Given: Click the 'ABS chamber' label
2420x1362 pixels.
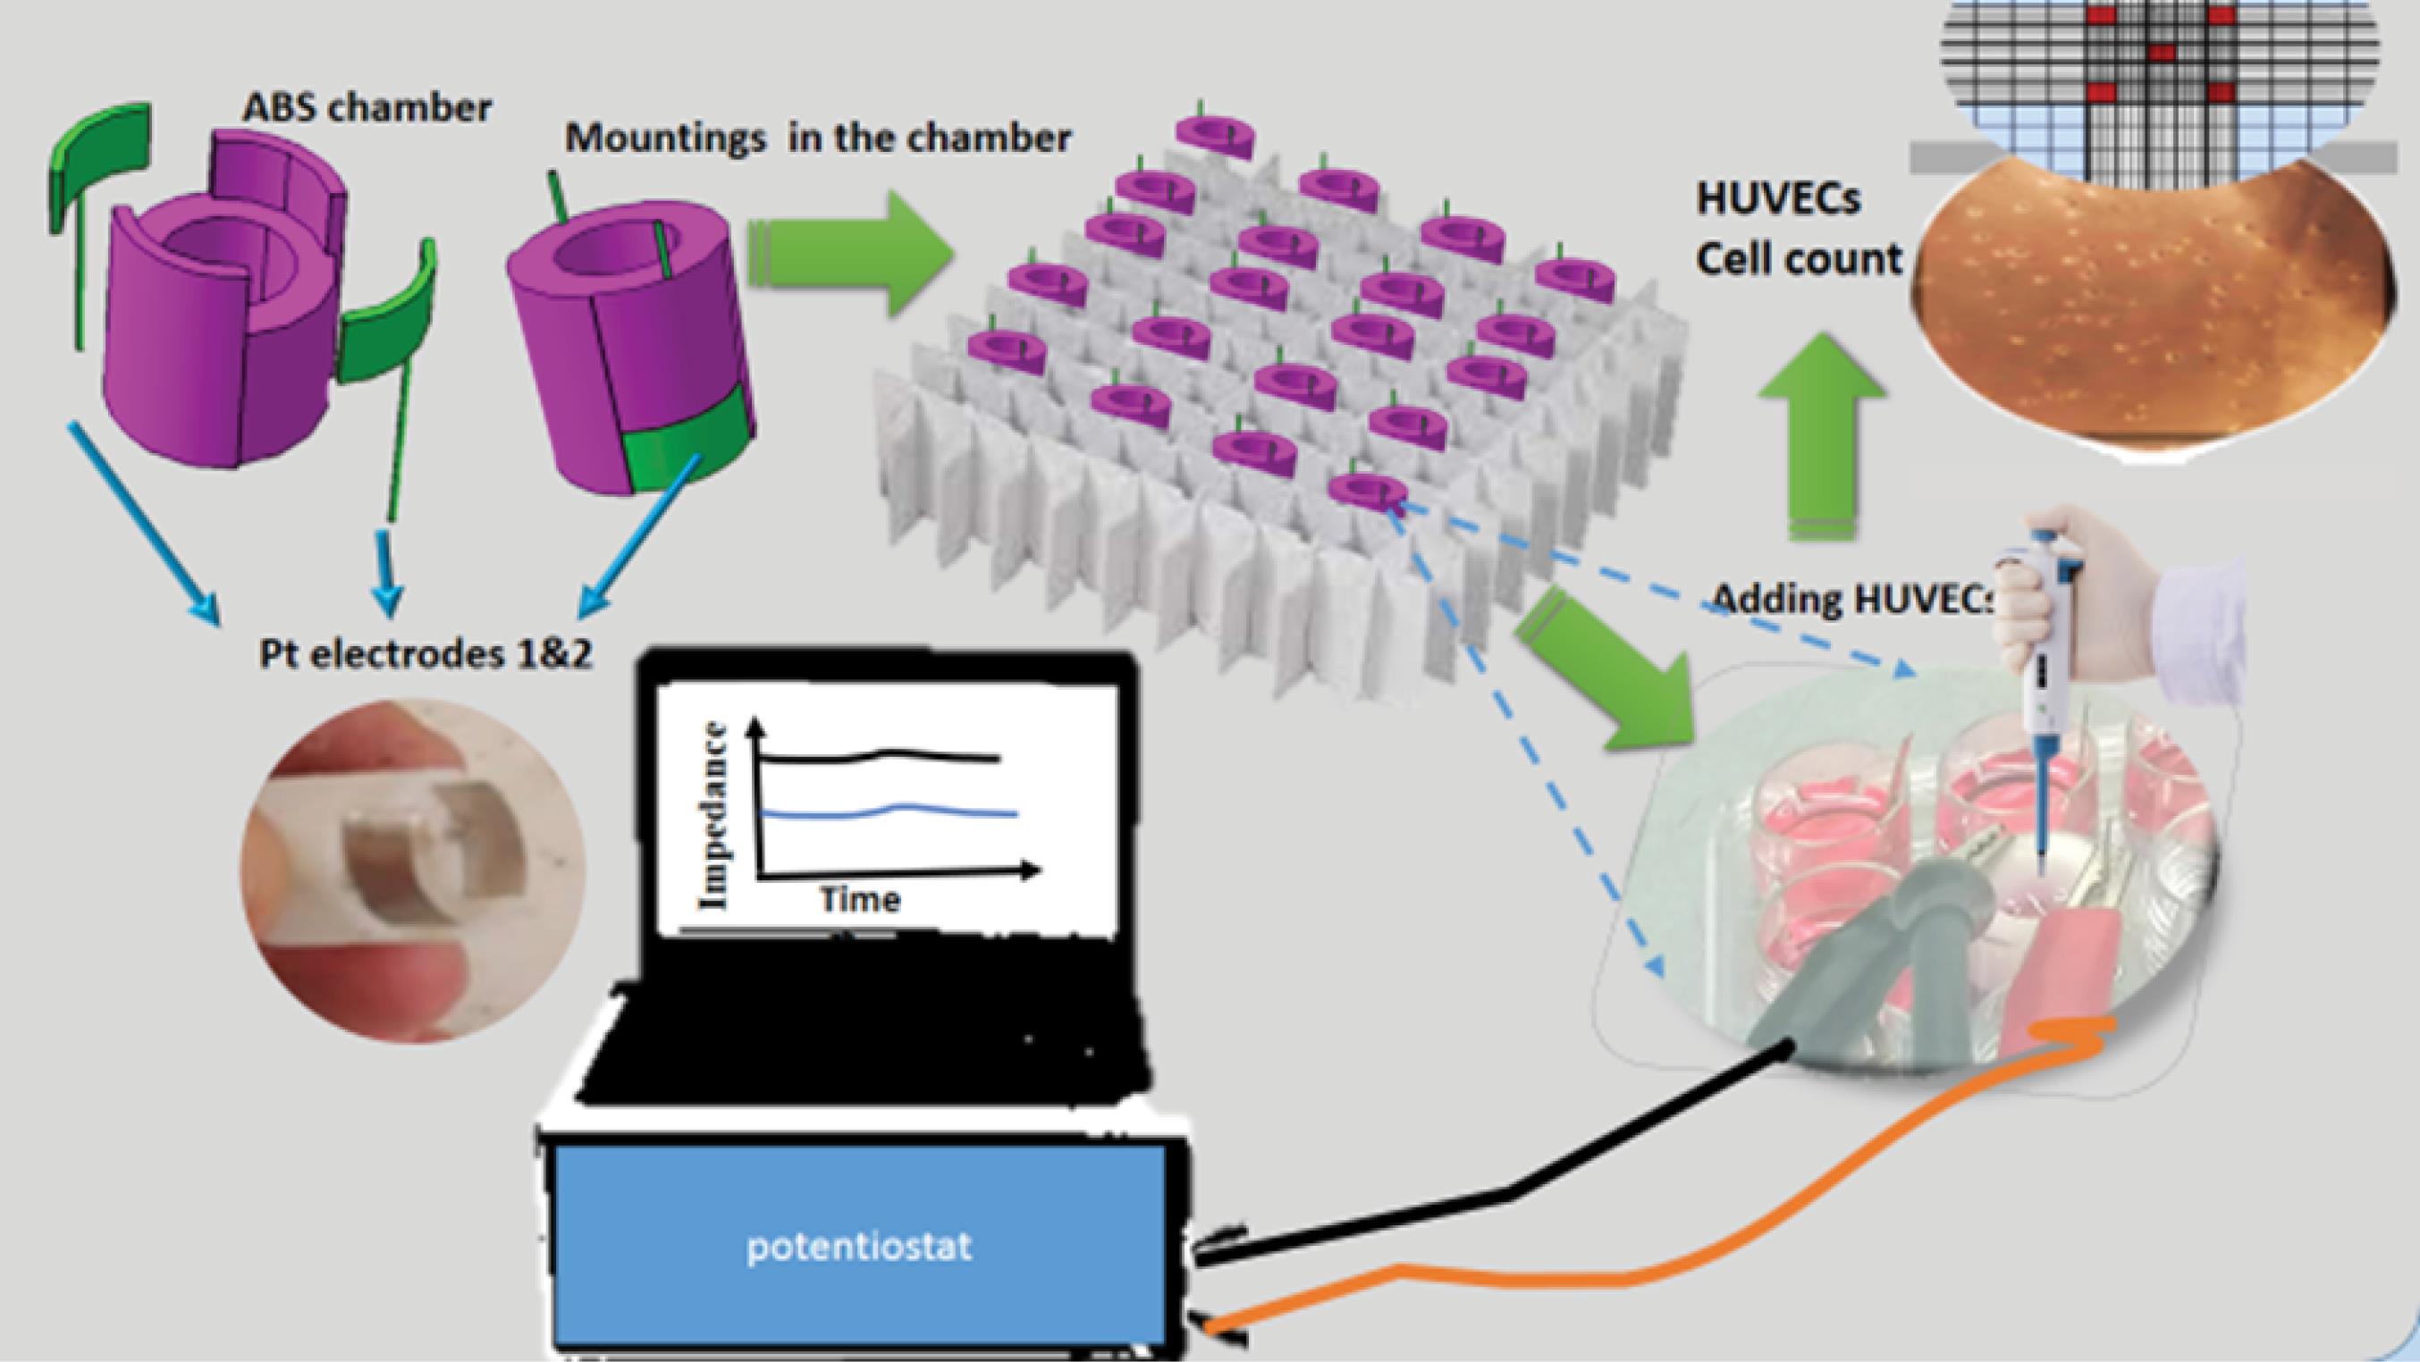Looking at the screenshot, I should (367, 108).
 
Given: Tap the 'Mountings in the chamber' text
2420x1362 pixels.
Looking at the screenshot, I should (817, 139).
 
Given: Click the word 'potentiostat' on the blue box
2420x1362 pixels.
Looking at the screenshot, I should (858, 1248).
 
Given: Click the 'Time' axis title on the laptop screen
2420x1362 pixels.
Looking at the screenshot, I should (861, 900).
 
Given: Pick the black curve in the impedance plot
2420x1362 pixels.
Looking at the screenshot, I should (883, 754).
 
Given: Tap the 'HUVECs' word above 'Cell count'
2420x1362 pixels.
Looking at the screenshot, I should (1778, 200).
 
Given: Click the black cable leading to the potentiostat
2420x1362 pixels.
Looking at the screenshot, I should (1503, 1195).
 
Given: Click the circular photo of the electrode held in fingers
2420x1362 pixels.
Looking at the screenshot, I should (413, 869).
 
